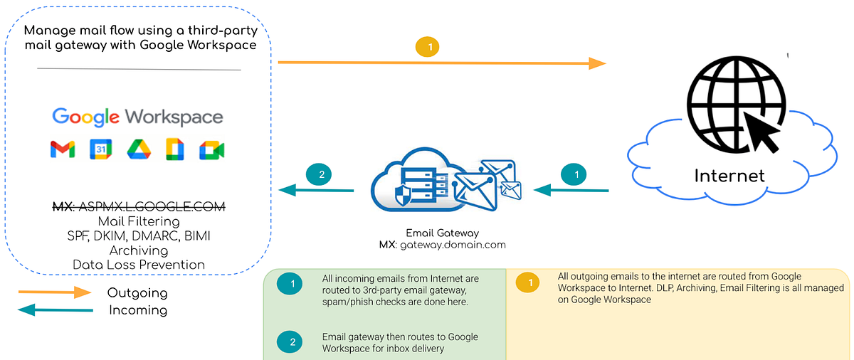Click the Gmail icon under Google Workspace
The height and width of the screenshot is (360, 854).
coord(63,149)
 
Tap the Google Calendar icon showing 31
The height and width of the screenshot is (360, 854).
coord(100,149)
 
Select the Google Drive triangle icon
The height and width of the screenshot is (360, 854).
coord(138,149)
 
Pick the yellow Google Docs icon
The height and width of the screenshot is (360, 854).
coord(175,149)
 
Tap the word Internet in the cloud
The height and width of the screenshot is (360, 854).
coord(729,175)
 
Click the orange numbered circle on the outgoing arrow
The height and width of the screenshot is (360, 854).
coord(428,47)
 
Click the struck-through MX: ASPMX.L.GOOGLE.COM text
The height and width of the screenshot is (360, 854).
coord(139,207)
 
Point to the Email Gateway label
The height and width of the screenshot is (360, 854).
coord(442,233)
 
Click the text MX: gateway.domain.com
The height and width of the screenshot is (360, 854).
coord(442,244)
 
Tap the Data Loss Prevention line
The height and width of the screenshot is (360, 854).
coord(139,265)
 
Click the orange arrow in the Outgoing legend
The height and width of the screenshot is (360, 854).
coord(54,292)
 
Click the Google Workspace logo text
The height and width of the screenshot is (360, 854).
coord(137,117)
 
